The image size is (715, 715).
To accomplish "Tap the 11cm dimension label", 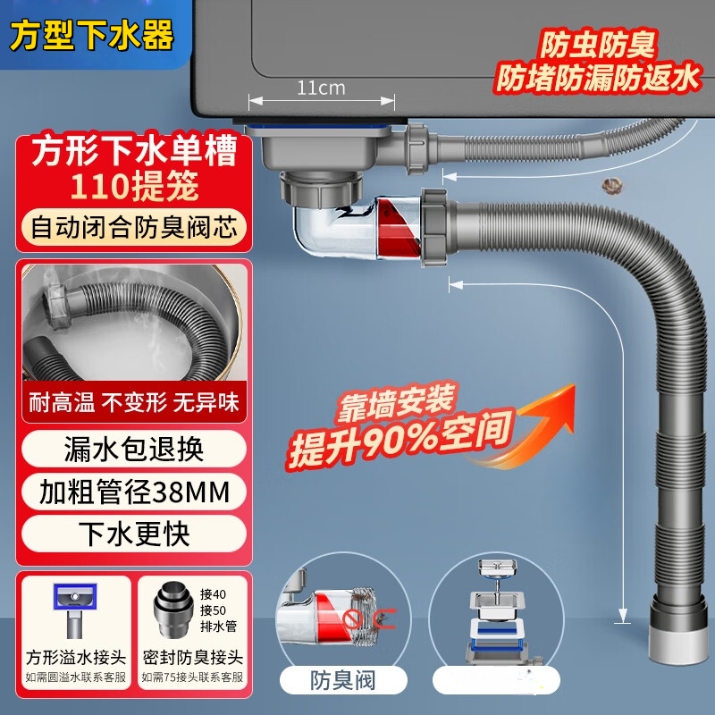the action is tap(321, 87).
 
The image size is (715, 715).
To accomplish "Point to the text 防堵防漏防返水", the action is tap(596, 79).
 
